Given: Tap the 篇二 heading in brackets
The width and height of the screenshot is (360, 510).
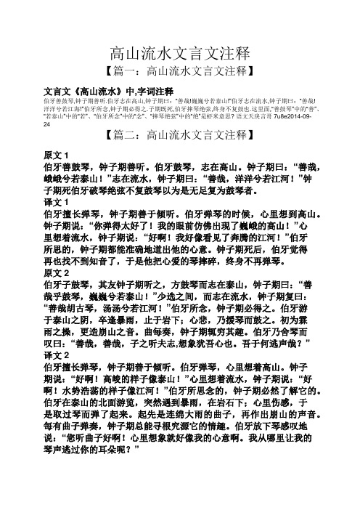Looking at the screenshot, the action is click(x=179, y=134).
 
